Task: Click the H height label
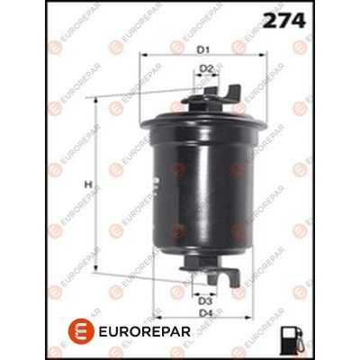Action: click(87, 184)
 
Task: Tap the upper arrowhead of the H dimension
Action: click(96, 100)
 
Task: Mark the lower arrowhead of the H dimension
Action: click(96, 268)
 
